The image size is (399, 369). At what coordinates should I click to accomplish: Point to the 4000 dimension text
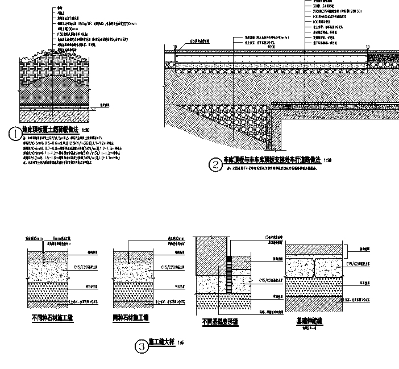click(x=271, y=47)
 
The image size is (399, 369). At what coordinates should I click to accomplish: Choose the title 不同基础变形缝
click(x=219, y=321)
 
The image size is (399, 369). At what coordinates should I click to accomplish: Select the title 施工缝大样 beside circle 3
click(x=161, y=342)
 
